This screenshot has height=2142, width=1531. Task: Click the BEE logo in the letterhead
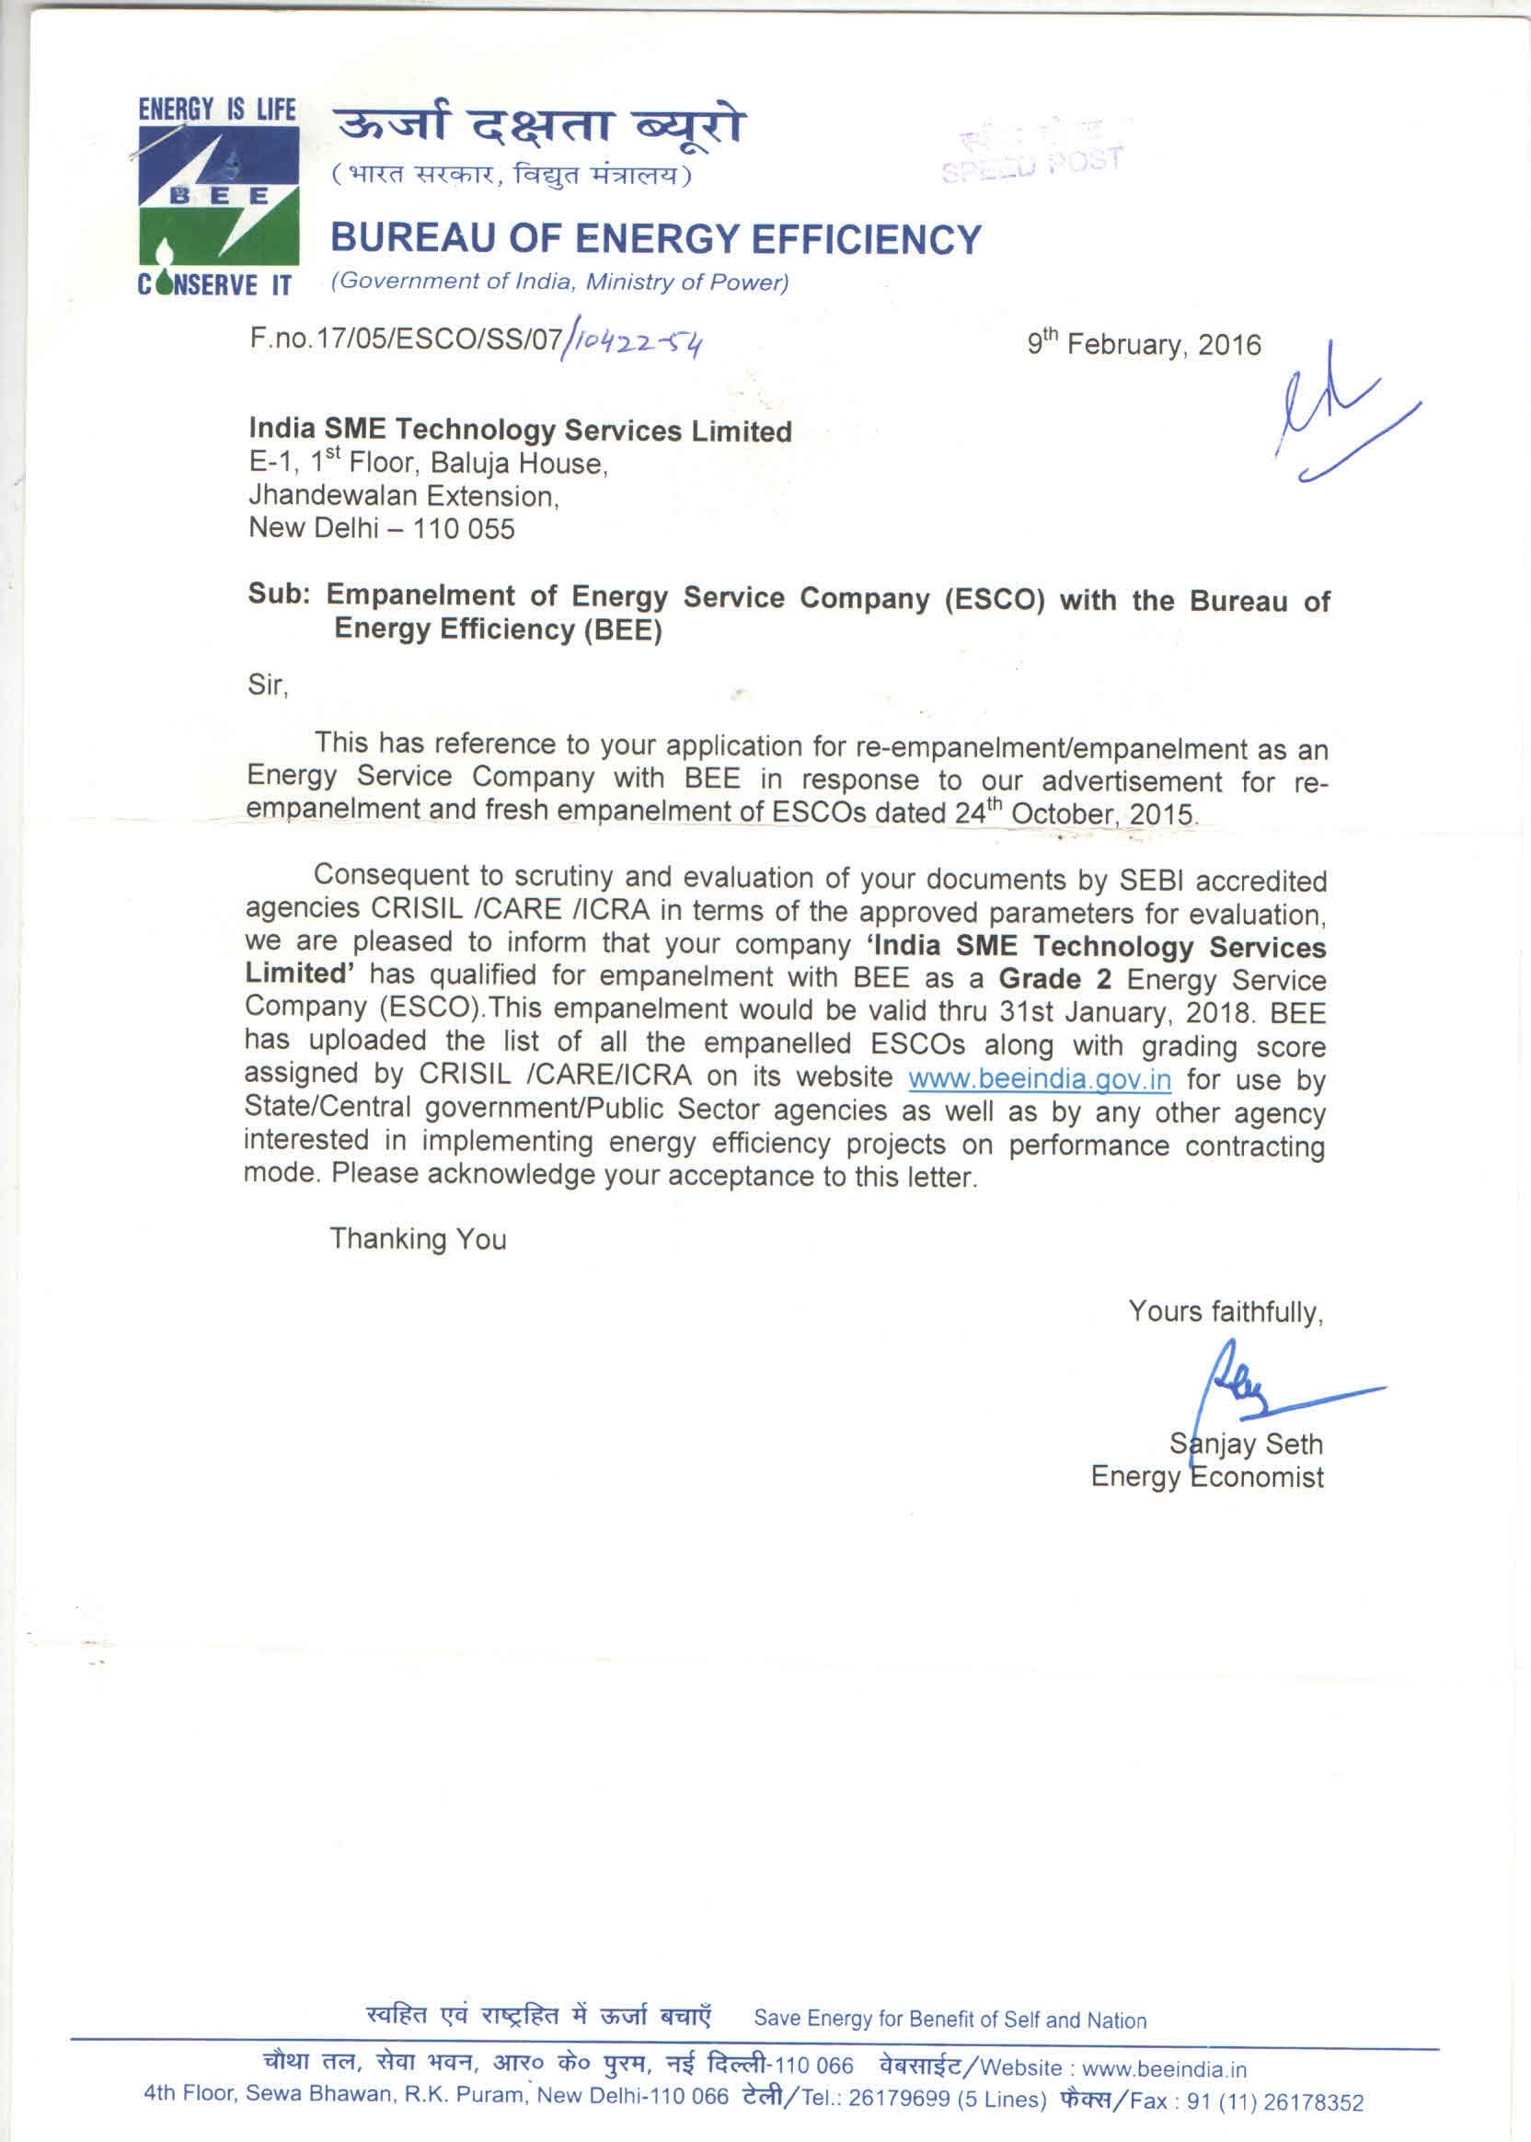(218, 196)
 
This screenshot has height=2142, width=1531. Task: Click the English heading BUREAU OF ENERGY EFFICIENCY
(655, 238)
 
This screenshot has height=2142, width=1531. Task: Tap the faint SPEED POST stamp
(1033, 156)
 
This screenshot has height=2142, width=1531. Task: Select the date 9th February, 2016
(1144, 343)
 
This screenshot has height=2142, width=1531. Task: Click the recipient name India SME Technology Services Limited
(520, 430)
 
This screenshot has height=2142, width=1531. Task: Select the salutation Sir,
(268, 685)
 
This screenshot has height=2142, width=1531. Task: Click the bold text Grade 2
(1054, 978)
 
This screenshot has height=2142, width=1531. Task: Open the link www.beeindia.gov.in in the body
(1039, 1077)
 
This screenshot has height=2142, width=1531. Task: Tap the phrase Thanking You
(418, 1238)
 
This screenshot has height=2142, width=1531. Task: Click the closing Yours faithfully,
(1226, 1310)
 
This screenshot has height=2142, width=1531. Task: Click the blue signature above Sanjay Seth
(1254, 1386)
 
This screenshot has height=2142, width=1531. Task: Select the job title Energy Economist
(1207, 1477)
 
